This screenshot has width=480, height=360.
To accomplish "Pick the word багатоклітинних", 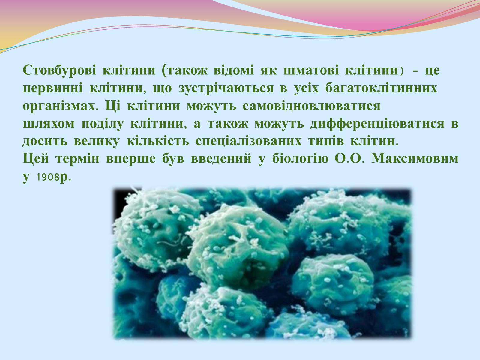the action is pyautogui.click(x=381, y=88).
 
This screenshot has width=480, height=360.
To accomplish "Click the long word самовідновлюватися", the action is pyautogui.click(x=311, y=106).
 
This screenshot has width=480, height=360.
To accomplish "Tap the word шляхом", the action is pyautogui.click(x=49, y=124).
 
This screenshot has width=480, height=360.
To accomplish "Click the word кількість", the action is pyautogui.click(x=158, y=141).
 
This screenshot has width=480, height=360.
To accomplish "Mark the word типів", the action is pyautogui.click(x=326, y=141).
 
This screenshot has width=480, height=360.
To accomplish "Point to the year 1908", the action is pyautogui.click(x=48, y=177).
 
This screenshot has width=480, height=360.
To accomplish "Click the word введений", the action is pyautogui.click(x=221, y=159).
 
